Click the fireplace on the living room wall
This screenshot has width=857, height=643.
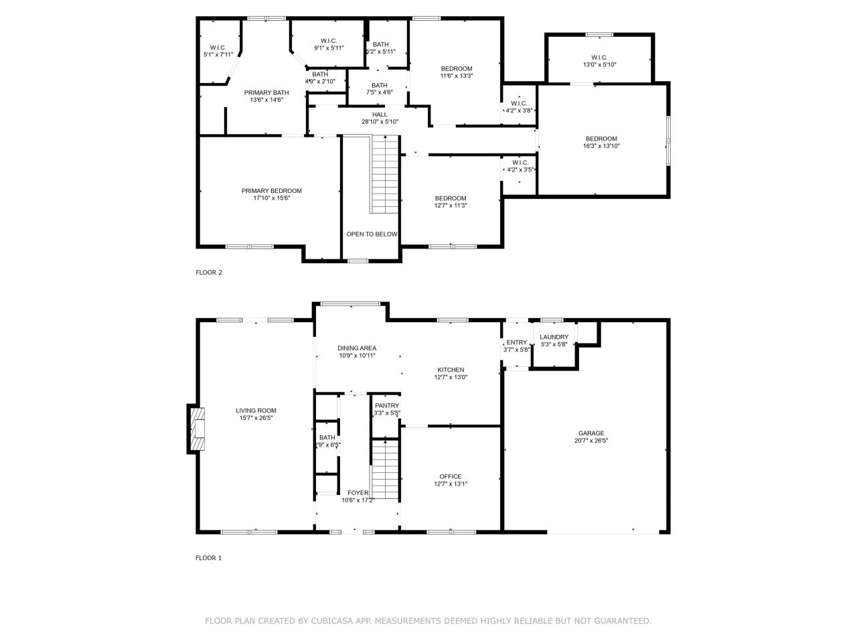(196, 429)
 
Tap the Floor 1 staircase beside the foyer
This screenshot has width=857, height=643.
(384, 470)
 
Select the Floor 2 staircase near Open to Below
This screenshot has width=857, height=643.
(384, 174)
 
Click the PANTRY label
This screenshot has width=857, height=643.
(387, 406)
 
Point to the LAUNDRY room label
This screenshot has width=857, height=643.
(554, 337)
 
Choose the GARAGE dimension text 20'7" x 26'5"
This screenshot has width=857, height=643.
(591, 440)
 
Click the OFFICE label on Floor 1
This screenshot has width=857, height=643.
(451, 476)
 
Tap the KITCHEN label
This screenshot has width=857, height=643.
(451, 370)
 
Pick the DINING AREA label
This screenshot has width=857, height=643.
(357, 348)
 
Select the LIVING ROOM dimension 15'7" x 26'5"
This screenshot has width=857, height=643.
(256, 418)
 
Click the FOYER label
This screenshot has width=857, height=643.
(358, 493)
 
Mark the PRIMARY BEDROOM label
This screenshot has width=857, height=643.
(271, 191)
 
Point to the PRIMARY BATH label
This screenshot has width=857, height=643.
(266, 92)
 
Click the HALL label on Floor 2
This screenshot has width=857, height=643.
(380, 115)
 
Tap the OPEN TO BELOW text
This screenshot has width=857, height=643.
(372, 234)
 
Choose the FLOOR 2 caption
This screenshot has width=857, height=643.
(209, 273)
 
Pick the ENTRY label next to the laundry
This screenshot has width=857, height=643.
(516, 342)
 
